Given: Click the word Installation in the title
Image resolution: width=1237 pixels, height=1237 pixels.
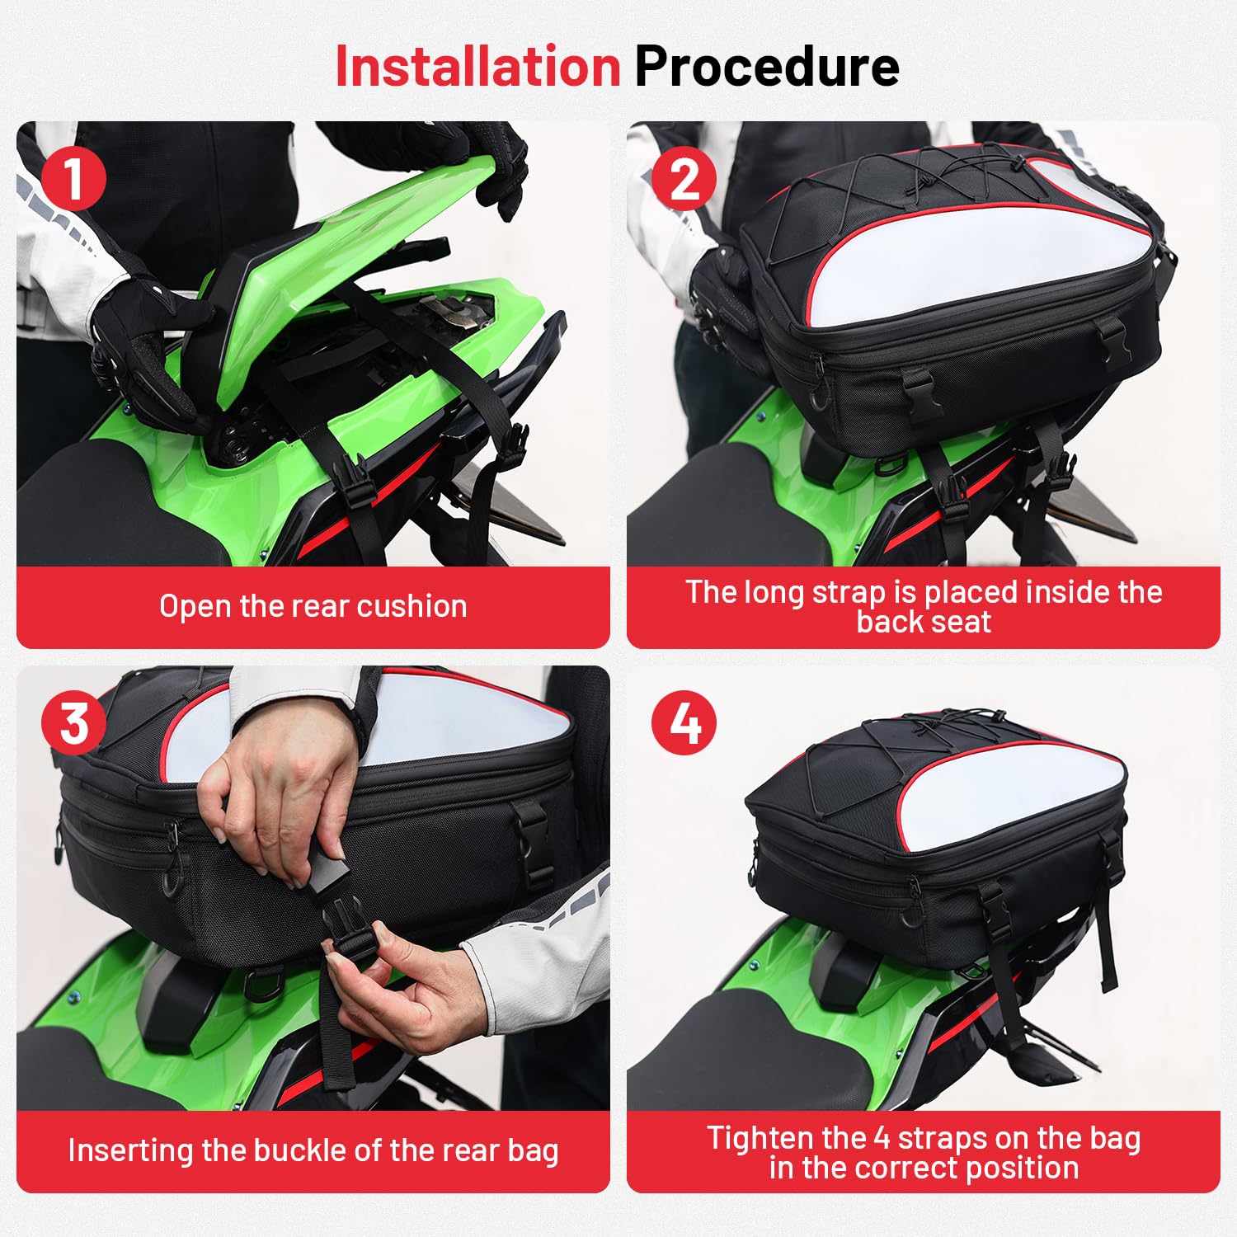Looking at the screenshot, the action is [x=477, y=66].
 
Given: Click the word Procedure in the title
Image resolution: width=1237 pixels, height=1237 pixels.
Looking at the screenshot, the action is [x=767, y=66].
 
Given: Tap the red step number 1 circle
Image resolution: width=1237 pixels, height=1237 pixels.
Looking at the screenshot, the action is [x=73, y=178].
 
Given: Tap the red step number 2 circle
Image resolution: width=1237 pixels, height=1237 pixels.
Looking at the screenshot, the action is [x=684, y=178].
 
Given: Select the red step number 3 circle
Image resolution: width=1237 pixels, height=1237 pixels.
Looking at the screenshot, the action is [x=74, y=723].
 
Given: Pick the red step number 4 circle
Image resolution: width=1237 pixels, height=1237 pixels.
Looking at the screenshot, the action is [x=684, y=723].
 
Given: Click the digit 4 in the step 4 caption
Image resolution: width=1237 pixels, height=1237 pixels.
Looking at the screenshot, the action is [x=882, y=1138].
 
